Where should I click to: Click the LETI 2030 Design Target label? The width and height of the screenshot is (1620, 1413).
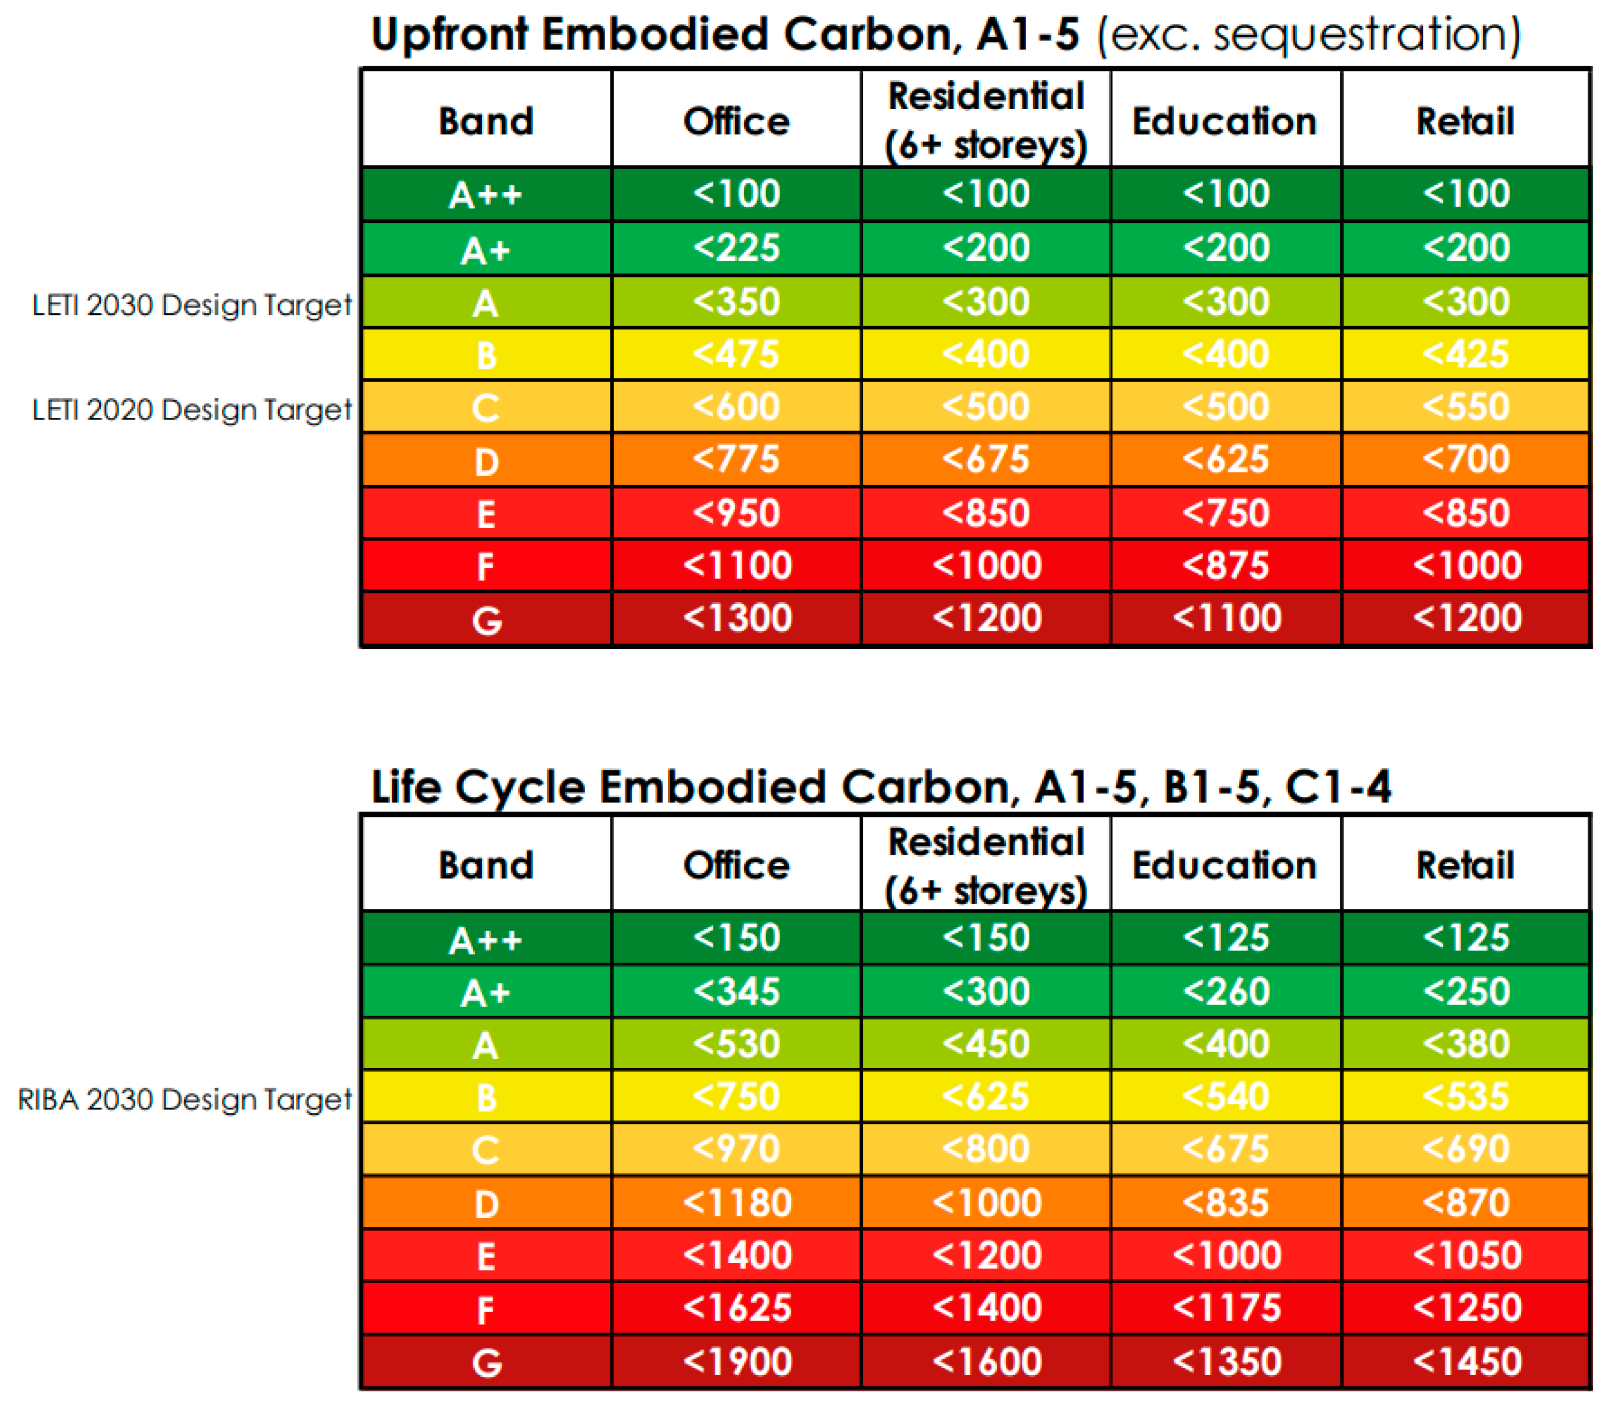pyautogui.click(x=192, y=305)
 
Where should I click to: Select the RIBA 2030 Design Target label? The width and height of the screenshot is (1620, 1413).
pyautogui.click(x=184, y=1099)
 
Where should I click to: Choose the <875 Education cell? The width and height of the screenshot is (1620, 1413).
pyautogui.click(x=1225, y=566)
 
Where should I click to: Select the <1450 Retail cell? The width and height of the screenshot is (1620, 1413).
pyautogui.click(x=1466, y=1362)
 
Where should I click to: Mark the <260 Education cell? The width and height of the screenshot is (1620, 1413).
pyautogui.click(x=1225, y=991)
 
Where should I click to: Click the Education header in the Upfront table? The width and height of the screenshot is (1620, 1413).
pyautogui.click(x=1225, y=121)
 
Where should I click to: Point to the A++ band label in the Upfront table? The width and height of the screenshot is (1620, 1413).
pyautogui.click(x=486, y=194)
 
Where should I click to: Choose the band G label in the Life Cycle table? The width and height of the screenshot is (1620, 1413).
pyautogui.click(x=486, y=1362)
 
